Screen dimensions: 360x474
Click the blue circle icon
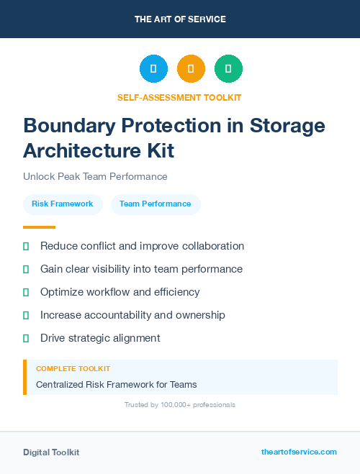tap(153, 69)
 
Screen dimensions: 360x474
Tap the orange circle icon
tap(191, 69)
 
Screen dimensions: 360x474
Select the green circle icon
tap(228, 69)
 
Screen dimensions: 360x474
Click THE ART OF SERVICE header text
tap(180, 19)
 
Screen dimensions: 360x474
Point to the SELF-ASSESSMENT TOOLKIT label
tap(179, 98)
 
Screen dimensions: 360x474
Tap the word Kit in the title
tap(158, 151)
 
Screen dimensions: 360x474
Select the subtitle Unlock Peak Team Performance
tap(95, 176)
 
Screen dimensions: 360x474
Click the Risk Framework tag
tap(63, 204)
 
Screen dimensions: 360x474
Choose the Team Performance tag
tap(156, 204)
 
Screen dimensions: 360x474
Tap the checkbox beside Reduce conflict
tap(26, 246)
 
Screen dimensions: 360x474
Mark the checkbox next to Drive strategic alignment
tap(26, 338)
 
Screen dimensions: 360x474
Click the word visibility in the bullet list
tap(118, 269)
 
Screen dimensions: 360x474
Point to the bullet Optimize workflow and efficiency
tap(120, 292)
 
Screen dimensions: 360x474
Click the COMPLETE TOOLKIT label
tap(73, 368)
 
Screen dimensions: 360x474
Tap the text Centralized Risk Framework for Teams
tap(116, 384)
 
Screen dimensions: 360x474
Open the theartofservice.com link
tap(299, 452)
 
